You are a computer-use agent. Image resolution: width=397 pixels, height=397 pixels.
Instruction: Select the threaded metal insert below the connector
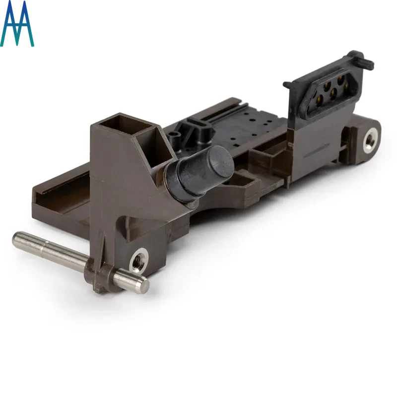coord(370,139)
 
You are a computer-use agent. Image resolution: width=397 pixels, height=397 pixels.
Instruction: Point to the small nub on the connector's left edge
coord(287,85)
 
